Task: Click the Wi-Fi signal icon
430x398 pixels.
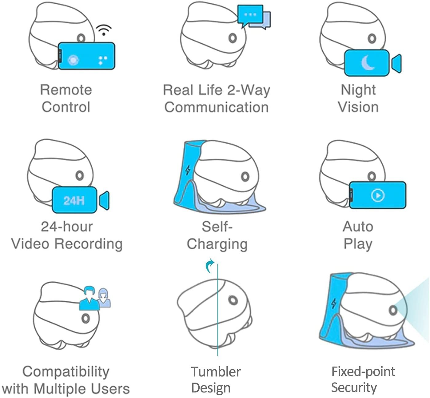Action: (104, 30)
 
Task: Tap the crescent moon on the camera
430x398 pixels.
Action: (368, 63)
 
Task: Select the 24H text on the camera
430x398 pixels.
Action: (74, 200)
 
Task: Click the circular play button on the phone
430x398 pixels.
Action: (378, 195)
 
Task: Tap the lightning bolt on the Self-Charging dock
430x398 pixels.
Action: (188, 170)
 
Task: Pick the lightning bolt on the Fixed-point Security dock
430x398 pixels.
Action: (334, 304)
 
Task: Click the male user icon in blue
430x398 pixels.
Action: (90, 298)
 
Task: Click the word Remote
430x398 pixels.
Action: (66, 90)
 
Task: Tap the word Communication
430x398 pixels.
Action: (217, 107)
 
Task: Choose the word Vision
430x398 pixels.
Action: (358, 107)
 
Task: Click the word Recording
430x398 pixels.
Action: (88, 244)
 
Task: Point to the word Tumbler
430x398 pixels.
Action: (216, 372)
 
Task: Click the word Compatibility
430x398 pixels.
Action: (66, 372)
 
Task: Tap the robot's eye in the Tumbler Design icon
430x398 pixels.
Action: (233, 300)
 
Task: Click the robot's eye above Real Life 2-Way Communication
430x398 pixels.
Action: (233, 38)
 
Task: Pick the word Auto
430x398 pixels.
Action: (358, 227)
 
